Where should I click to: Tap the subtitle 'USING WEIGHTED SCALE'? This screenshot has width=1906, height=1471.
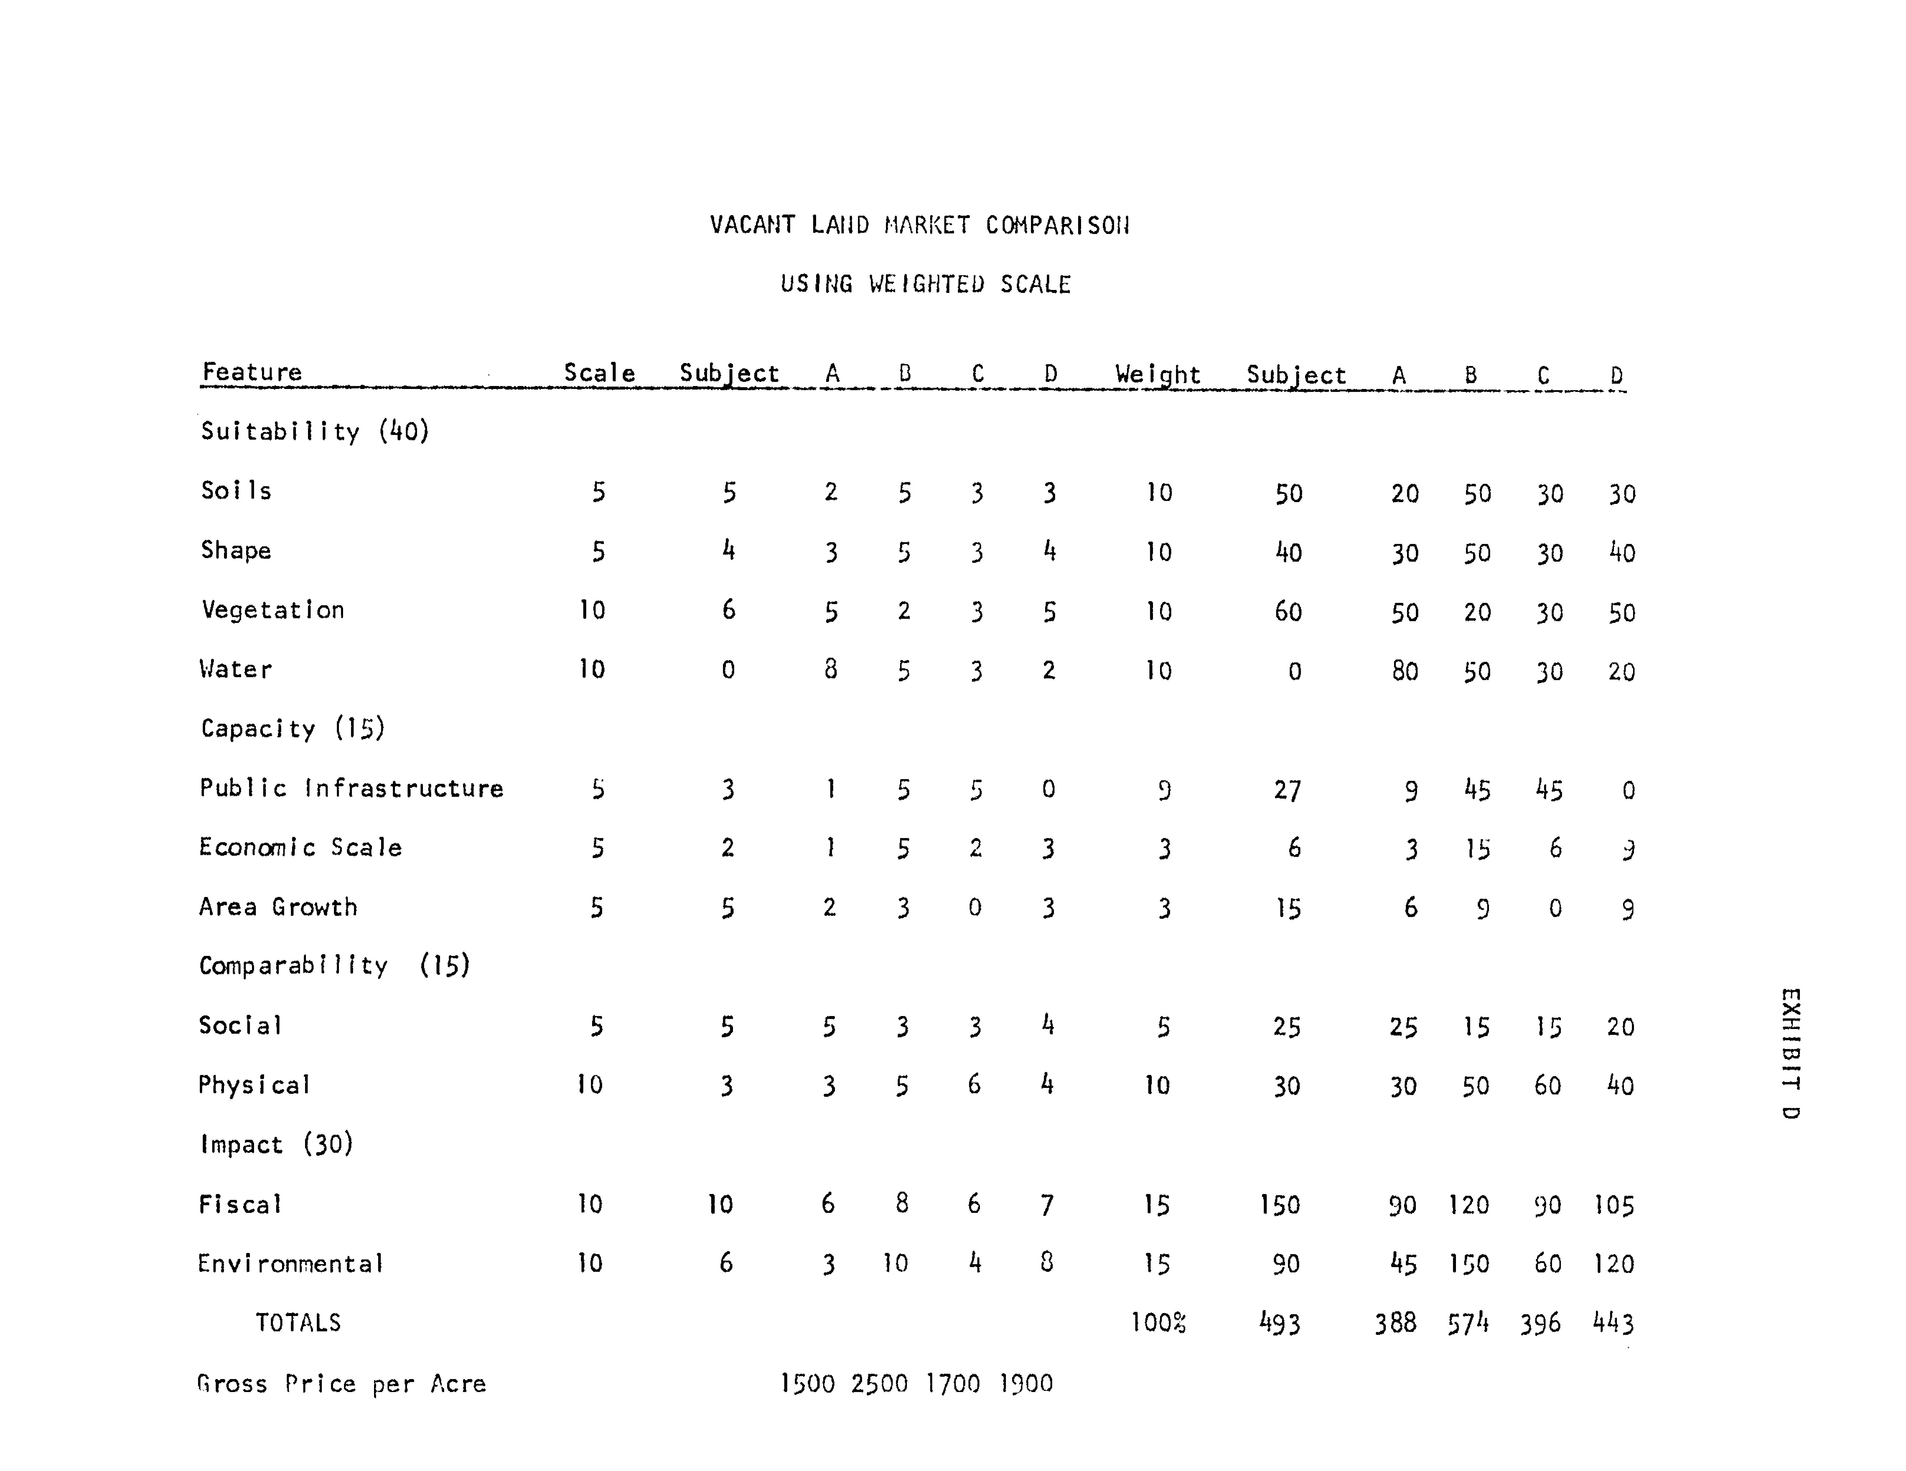925,284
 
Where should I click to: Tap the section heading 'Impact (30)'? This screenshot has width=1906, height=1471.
276,1145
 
